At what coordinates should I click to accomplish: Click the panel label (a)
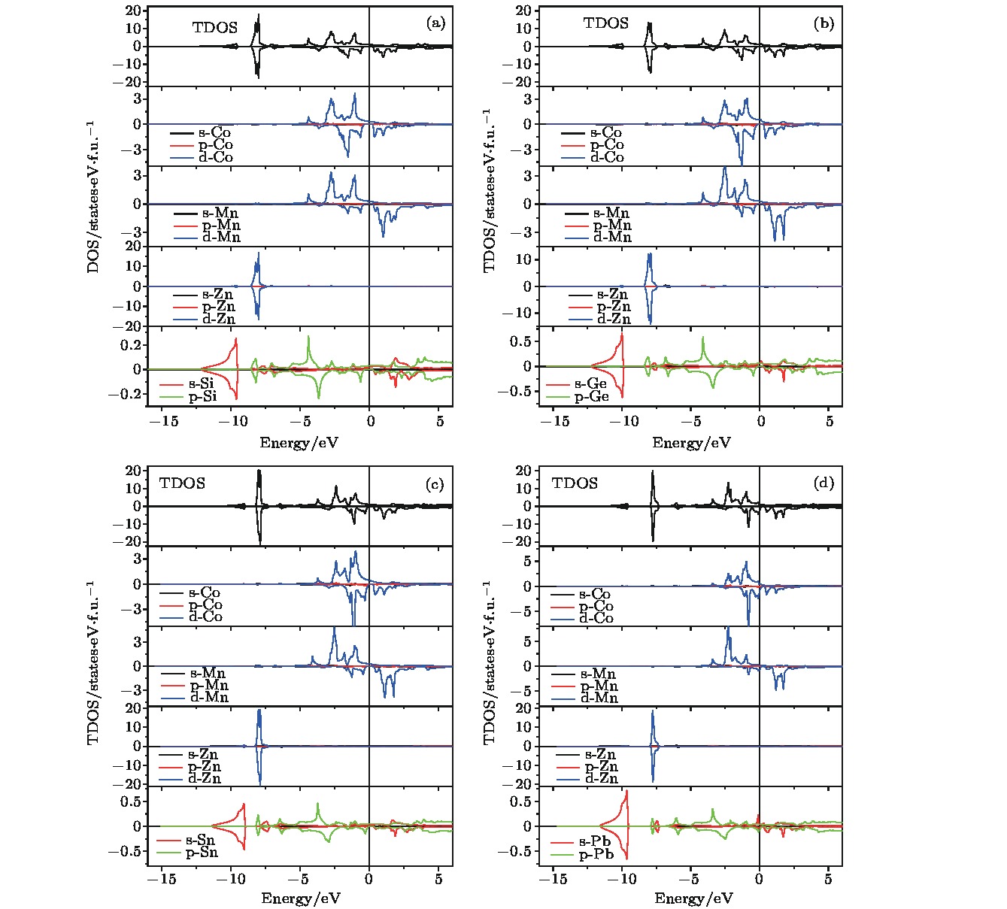(x=435, y=23)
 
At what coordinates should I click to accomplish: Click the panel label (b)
(x=823, y=23)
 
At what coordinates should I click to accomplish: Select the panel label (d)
(x=823, y=483)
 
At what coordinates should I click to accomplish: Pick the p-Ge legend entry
(x=591, y=396)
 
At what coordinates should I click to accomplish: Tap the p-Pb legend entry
(x=595, y=855)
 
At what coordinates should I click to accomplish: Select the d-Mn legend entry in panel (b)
(x=612, y=238)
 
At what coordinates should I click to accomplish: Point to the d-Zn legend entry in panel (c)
(x=204, y=779)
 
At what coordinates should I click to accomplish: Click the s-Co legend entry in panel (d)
(x=595, y=595)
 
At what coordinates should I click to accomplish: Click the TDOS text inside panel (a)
(x=214, y=28)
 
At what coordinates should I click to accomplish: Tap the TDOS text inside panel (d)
(x=575, y=483)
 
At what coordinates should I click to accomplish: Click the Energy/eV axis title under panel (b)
(x=691, y=443)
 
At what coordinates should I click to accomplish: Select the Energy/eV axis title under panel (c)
(x=299, y=898)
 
